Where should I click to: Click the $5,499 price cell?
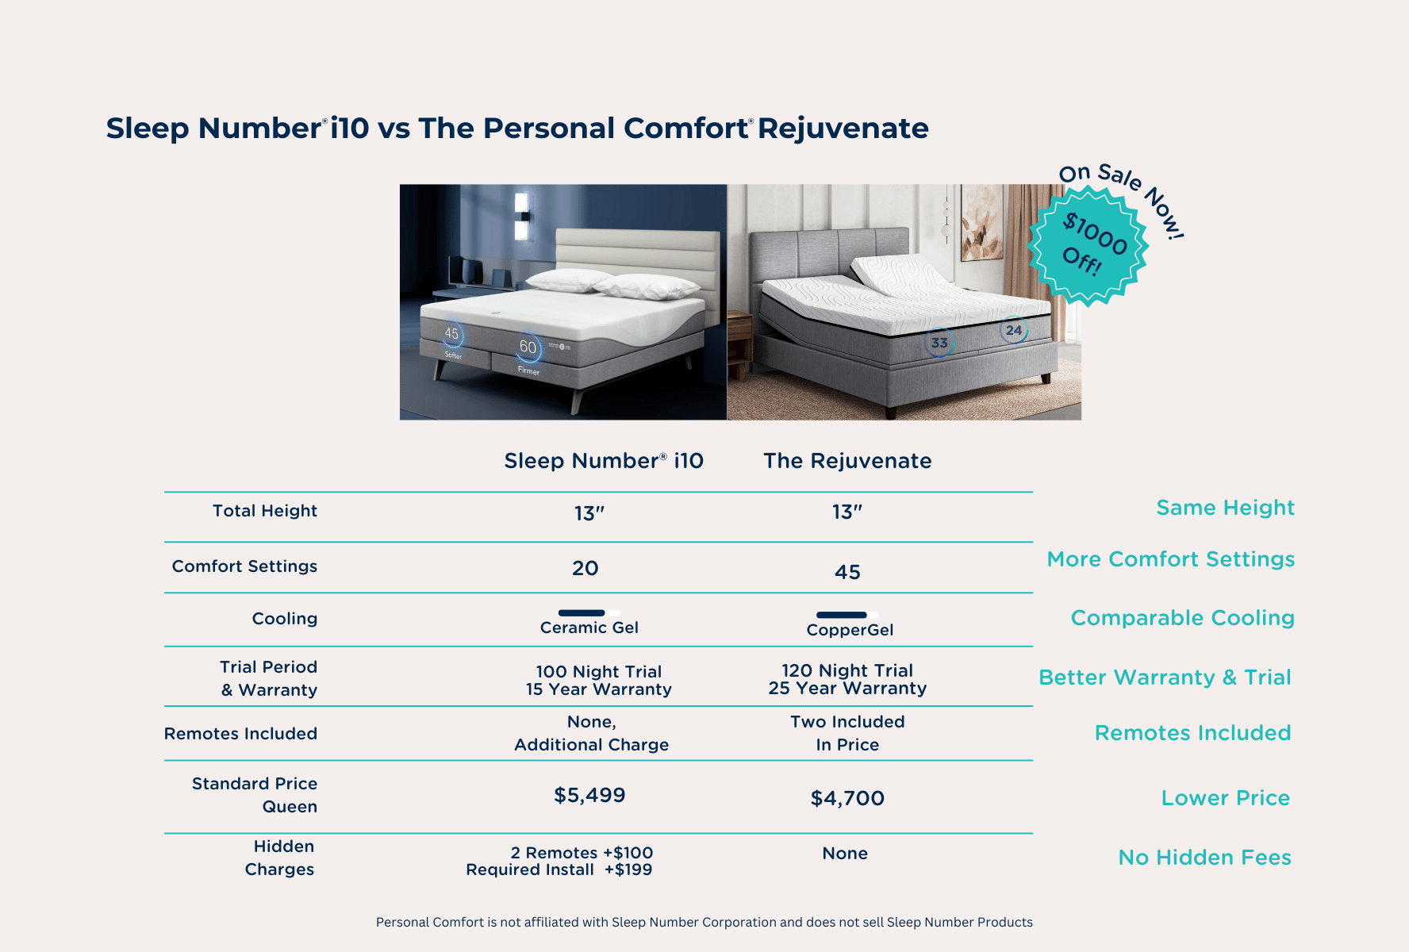click(x=589, y=795)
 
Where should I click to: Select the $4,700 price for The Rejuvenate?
click(x=847, y=798)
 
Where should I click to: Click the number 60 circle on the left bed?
click(x=528, y=347)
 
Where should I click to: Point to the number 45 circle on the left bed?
click(x=451, y=334)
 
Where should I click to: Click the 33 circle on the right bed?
click(x=939, y=343)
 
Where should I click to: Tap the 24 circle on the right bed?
click(x=1014, y=330)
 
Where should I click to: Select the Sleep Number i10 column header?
click(x=604, y=461)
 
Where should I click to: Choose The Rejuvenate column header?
click(x=847, y=461)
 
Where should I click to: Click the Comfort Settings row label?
click(x=244, y=566)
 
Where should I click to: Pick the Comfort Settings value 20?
click(x=585, y=568)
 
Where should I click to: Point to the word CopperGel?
click(x=850, y=630)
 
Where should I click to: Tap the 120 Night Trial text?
click(x=847, y=670)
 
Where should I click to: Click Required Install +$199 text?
click(x=559, y=869)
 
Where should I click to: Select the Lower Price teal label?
click(x=1225, y=798)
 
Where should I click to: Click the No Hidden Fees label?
click(x=1204, y=858)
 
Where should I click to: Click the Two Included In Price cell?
click(x=847, y=733)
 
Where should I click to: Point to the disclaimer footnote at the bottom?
click(x=704, y=922)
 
